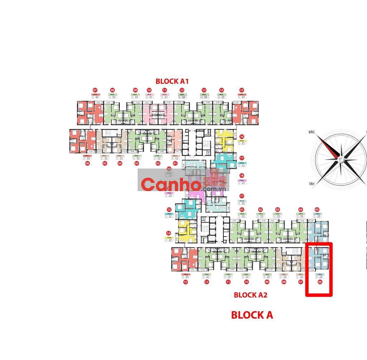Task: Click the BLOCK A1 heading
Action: click(x=172, y=81)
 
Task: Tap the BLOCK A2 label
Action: click(x=251, y=295)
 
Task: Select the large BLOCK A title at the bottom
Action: click(x=252, y=315)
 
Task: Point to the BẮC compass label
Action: click(x=311, y=132)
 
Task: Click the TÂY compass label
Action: click(x=311, y=184)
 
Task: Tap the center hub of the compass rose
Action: click(x=340, y=158)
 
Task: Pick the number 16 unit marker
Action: click(x=242, y=136)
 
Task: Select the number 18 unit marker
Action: click(x=242, y=175)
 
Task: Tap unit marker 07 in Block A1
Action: click(x=95, y=90)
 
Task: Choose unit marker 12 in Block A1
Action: click(x=182, y=90)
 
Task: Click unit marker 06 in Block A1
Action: click(x=87, y=164)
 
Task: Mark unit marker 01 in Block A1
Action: click(x=175, y=164)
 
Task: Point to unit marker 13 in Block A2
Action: click(x=185, y=282)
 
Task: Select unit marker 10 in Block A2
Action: click(x=247, y=282)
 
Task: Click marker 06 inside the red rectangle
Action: click(x=320, y=282)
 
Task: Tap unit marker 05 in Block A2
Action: click(x=317, y=209)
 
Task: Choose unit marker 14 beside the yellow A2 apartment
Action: click(x=168, y=233)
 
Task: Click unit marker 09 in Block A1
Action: click(x=135, y=90)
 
